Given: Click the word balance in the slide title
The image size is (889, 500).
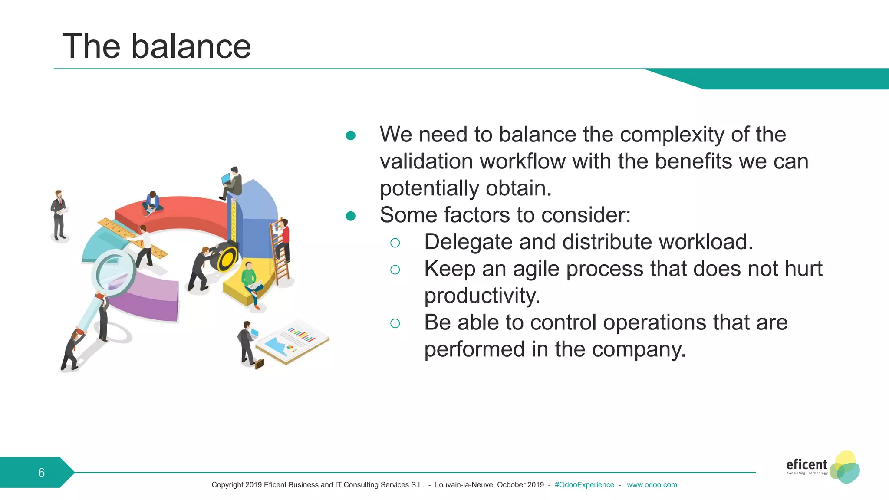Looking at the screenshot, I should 191,46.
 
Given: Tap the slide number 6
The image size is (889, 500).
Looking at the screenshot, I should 41,473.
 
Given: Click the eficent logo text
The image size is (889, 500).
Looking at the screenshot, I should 807,464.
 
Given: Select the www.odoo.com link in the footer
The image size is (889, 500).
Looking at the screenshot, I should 652,485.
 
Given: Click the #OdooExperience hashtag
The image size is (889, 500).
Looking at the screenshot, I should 584,485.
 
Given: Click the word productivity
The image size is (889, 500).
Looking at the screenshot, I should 482,296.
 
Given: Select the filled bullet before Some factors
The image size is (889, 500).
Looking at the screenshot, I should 351,216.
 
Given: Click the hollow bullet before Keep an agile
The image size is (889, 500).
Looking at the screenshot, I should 395,270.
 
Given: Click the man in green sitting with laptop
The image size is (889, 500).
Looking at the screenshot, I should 250,280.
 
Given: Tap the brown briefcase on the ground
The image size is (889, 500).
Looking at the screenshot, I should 259,363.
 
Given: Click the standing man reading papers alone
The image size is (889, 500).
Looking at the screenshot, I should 59,215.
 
